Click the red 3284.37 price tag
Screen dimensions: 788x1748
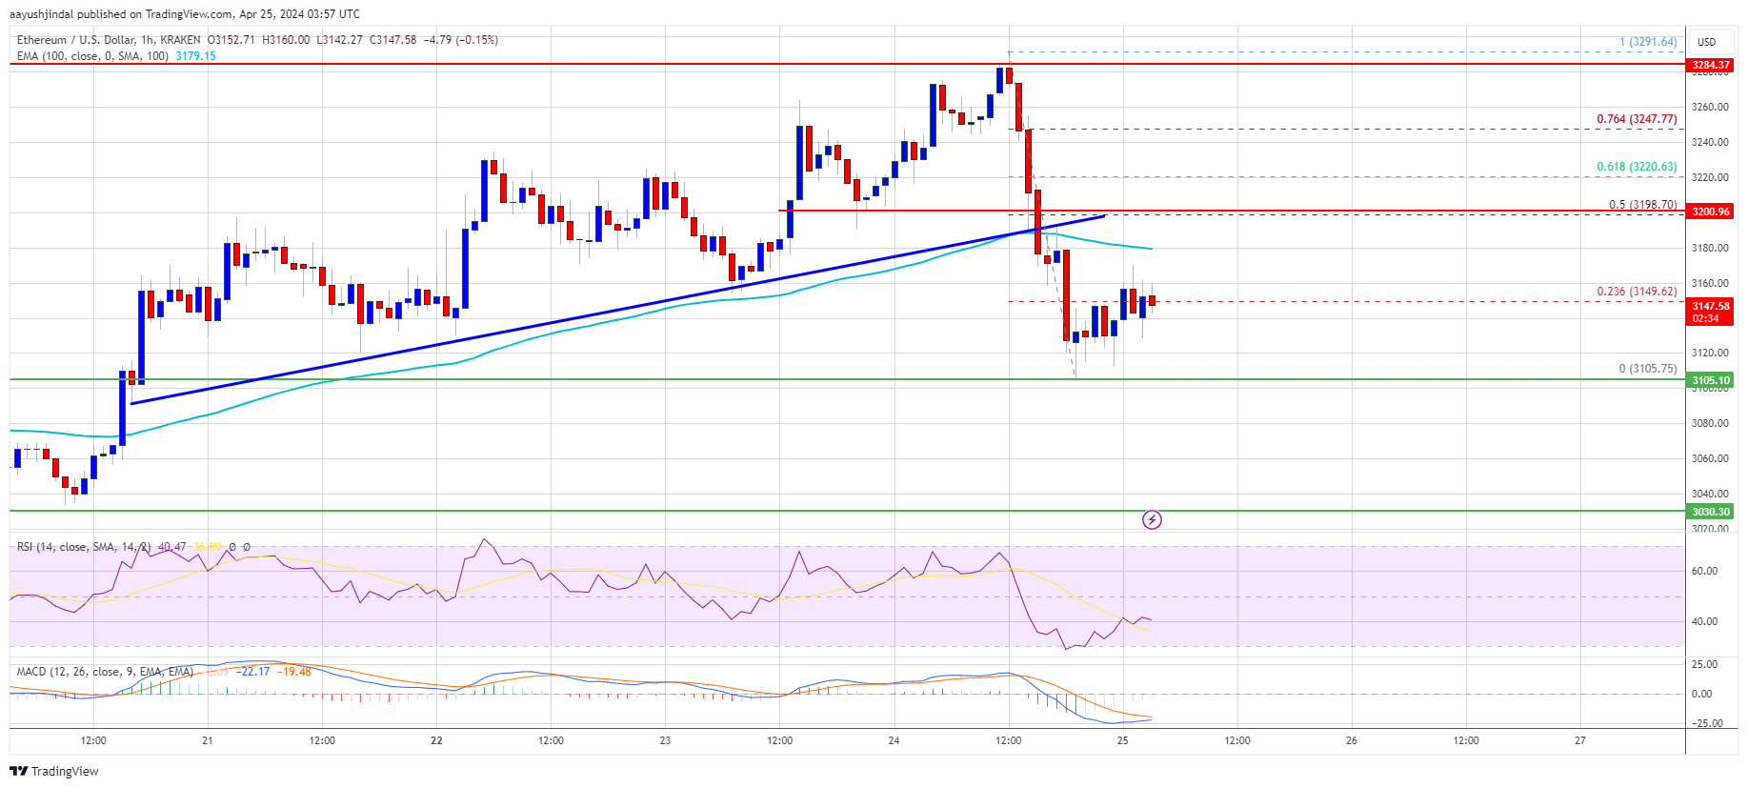(1710, 65)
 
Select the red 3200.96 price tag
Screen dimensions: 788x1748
(1710, 211)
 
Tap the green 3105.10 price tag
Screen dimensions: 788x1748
(1710, 380)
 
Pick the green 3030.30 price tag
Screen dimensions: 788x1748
(1710, 512)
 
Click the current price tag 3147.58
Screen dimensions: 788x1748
(1710, 306)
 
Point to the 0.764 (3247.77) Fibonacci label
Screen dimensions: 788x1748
(1637, 119)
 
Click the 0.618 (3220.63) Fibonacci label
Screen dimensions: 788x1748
(1637, 167)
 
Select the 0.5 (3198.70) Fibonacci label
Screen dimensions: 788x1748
(1642, 205)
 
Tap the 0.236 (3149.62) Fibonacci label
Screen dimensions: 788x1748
(1637, 292)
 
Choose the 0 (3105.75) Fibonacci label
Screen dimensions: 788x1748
(1647, 369)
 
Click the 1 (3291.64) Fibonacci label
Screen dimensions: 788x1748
(1648, 42)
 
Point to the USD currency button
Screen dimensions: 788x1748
(1706, 42)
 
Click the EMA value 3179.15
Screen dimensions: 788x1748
(195, 56)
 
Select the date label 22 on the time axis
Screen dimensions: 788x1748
(436, 740)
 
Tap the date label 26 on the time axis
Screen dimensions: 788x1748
(1351, 740)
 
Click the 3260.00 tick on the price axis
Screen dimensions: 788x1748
(1710, 107)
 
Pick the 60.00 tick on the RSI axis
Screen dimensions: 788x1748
(1704, 571)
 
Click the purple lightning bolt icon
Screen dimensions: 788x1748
(1152, 519)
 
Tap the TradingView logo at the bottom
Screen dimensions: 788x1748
(56, 771)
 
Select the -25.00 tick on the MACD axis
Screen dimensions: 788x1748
(1704, 723)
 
